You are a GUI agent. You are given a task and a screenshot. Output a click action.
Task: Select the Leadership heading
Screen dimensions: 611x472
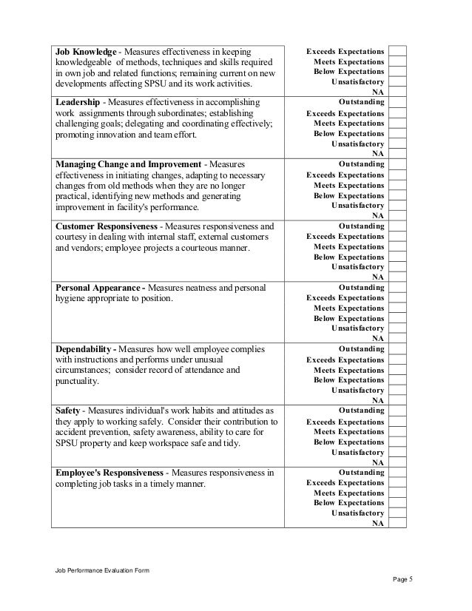point(80,102)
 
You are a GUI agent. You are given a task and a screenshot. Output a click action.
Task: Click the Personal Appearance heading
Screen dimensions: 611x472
point(99,287)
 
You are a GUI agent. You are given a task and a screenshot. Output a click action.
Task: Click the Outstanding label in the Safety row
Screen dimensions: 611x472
point(361,411)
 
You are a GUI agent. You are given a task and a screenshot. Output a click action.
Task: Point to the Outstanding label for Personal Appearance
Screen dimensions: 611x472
point(361,287)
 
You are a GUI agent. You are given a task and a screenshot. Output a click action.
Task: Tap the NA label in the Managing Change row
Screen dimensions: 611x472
point(377,215)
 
